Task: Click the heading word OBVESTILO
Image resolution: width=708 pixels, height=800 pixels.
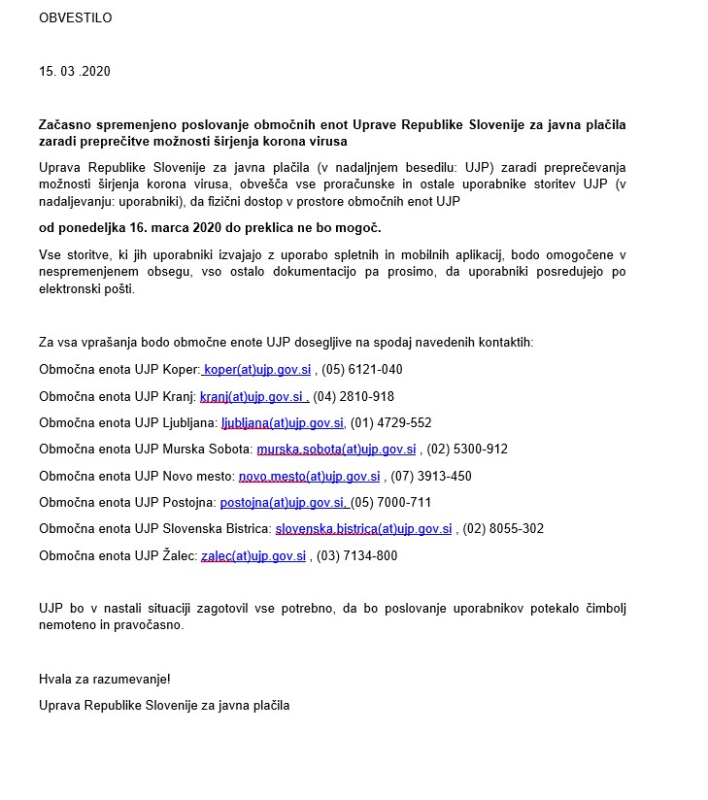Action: pos(75,18)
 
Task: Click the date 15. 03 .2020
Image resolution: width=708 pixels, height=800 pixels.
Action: pos(75,72)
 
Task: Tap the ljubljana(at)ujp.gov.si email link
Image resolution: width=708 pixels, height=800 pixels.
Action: pos(283,423)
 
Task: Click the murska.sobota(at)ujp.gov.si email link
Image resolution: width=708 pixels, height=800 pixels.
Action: pos(336,450)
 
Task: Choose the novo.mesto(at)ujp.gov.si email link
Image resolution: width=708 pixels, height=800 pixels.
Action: pos(309,477)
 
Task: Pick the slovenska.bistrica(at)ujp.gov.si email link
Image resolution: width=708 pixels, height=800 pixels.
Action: pos(363,529)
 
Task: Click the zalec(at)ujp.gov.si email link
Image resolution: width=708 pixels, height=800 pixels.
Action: pos(253,556)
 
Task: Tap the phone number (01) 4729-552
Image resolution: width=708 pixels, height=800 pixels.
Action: pos(390,423)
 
